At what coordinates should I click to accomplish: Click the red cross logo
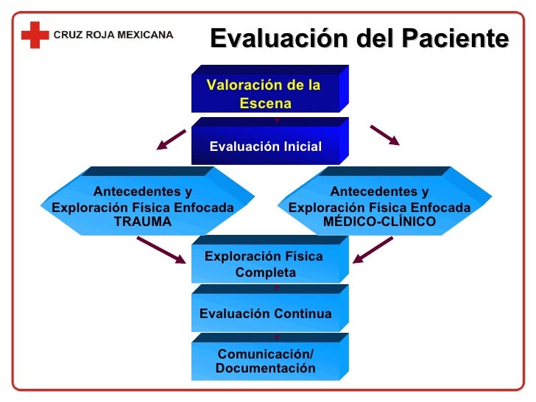(x=34, y=35)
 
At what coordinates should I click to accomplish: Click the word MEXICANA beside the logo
(x=144, y=35)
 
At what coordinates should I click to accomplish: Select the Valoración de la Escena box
(x=265, y=94)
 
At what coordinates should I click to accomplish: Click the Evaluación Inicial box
(x=265, y=146)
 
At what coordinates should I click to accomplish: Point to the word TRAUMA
(x=143, y=222)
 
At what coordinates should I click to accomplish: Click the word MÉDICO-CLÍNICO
(x=379, y=222)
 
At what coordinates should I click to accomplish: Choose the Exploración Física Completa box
(x=265, y=264)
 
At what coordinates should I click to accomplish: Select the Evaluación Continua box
(x=265, y=314)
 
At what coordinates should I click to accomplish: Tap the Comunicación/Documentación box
(x=265, y=361)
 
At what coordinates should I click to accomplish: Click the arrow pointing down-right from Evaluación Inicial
(x=384, y=135)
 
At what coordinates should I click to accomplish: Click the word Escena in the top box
(x=265, y=104)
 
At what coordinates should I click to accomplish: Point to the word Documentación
(x=265, y=368)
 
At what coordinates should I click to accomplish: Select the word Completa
(x=265, y=272)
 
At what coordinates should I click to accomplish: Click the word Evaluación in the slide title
(x=266, y=38)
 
